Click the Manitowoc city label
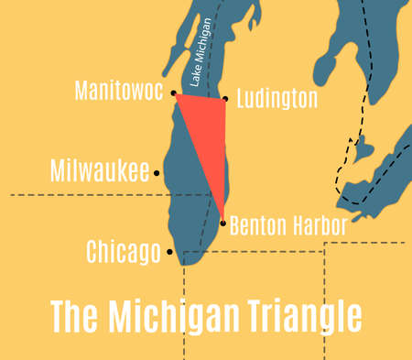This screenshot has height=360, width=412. click(x=119, y=93)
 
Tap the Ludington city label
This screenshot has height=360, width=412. click(x=276, y=100)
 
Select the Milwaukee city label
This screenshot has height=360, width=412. click(x=101, y=171)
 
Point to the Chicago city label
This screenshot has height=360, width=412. click(x=124, y=251)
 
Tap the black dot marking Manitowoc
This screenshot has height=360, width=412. click(x=173, y=93)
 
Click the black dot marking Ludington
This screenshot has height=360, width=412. click(x=225, y=99)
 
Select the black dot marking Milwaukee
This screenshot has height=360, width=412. click(x=157, y=172)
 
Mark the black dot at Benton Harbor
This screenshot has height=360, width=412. click(x=222, y=223)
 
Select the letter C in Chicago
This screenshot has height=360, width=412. click(x=92, y=251)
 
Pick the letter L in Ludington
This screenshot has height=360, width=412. click(x=241, y=100)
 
